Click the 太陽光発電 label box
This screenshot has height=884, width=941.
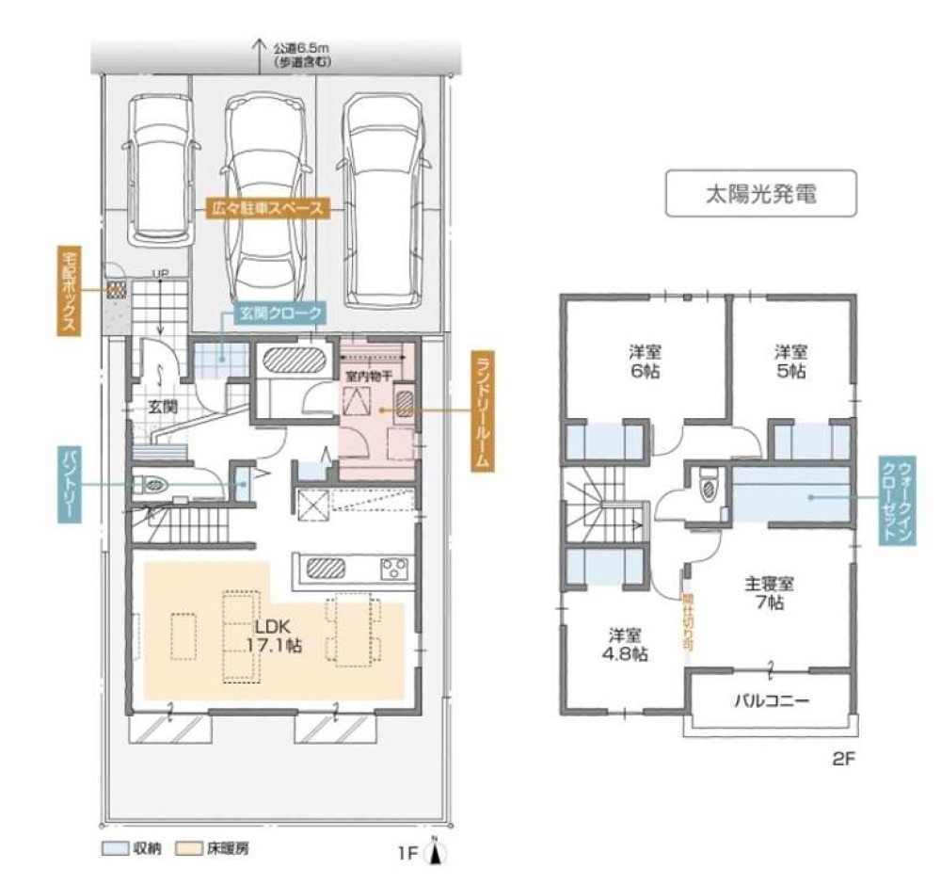(x=760, y=194)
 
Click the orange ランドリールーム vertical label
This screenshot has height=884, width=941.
(x=483, y=410)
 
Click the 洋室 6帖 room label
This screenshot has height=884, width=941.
(x=646, y=362)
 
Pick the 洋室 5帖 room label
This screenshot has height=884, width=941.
(x=790, y=362)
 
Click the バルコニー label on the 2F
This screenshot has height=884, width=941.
(x=771, y=701)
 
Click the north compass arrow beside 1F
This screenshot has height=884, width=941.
(x=435, y=853)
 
